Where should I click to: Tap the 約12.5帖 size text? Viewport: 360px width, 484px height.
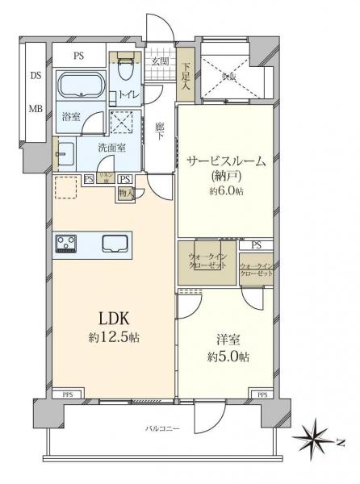[x=112, y=337]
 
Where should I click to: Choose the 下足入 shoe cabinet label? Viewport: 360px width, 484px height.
[x=186, y=76]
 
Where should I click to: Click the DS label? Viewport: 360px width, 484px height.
[x=35, y=75]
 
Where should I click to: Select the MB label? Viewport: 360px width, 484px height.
[x=35, y=106]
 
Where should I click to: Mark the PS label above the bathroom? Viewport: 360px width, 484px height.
[x=78, y=56]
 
